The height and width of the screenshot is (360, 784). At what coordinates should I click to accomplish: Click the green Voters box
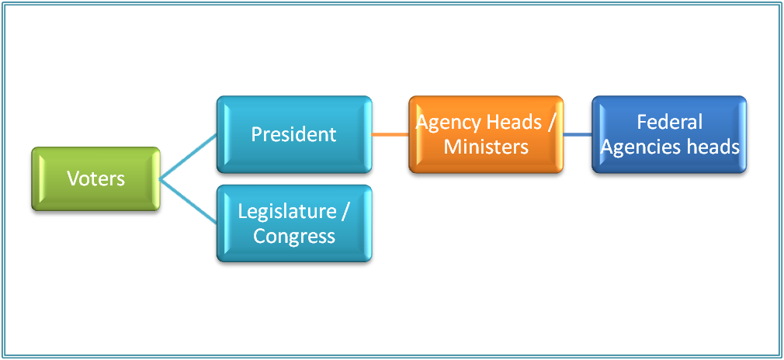[x=95, y=178]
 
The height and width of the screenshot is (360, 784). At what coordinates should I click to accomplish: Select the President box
[x=293, y=133]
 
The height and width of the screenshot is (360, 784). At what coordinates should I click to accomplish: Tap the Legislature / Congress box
[x=293, y=223]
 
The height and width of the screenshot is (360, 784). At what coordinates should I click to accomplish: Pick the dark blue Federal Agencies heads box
[x=669, y=133]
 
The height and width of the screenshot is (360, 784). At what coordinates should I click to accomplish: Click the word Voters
[x=95, y=178]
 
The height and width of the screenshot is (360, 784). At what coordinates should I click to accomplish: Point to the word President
[x=293, y=133]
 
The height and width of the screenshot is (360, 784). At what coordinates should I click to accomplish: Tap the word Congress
[x=293, y=236]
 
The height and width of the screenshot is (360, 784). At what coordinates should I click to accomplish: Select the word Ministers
[x=486, y=147]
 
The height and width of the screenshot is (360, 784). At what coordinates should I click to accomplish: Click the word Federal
[x=669, y=122]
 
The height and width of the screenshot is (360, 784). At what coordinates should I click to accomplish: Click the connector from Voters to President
[x=188, y=155]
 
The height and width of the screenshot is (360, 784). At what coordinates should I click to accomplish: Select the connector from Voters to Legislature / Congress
[x=188, y=202]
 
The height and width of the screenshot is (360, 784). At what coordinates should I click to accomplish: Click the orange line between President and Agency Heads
[x=390, y=134]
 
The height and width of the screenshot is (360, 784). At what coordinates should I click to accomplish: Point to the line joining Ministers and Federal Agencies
[x=578, y=134]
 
